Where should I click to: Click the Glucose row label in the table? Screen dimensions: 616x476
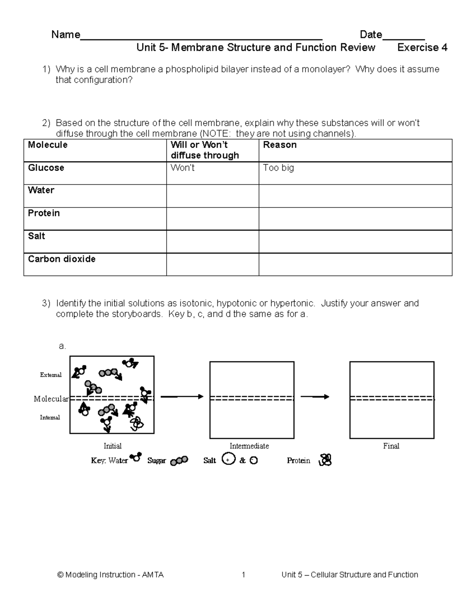[46, 168]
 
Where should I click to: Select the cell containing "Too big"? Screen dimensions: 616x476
[278, 168]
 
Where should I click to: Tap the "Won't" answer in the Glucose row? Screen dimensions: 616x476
[182, 168]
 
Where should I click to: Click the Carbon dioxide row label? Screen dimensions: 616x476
[61, 259]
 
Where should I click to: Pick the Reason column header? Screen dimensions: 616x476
[280, 145]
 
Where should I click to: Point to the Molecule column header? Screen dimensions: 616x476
[48, 145]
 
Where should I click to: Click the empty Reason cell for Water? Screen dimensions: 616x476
[355, 196]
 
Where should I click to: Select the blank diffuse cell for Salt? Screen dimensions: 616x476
[212, 242]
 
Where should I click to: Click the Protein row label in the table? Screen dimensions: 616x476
[44, 213]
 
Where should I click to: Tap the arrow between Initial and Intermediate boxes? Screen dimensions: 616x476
[182, 397]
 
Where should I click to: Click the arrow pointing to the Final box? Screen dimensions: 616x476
[315, 397]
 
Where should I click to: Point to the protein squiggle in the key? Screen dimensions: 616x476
[325, 460]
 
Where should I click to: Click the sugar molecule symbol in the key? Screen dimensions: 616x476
[179, 461]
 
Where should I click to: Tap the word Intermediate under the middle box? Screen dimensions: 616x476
[249, 446]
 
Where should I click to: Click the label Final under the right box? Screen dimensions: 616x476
[391, 446]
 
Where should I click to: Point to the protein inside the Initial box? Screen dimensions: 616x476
[137, 424]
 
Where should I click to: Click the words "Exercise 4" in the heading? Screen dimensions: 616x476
[422, 48]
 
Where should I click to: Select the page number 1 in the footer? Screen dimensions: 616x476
[244, 575]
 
